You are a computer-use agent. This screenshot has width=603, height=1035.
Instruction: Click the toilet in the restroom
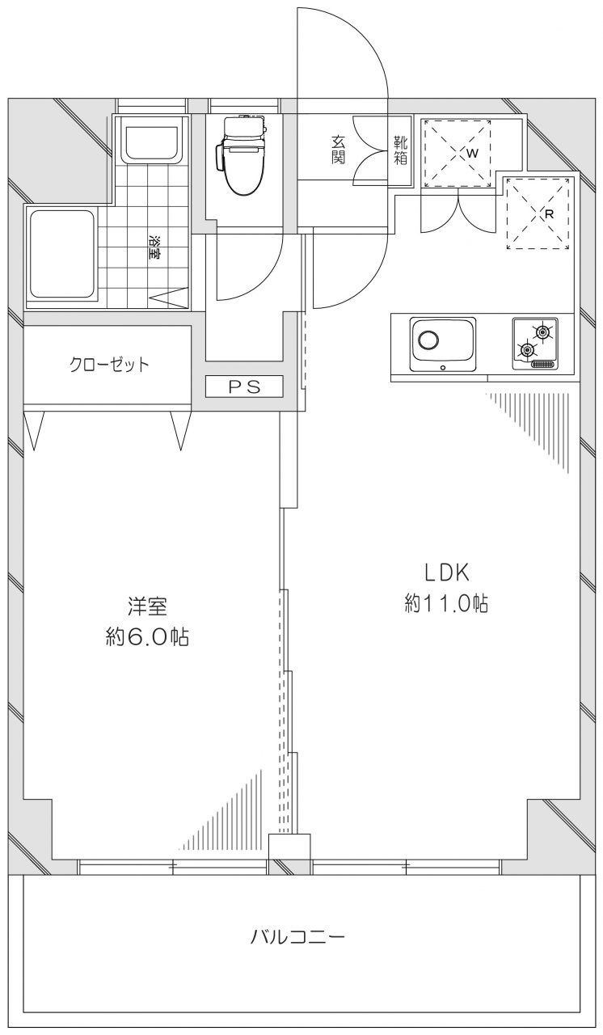(x=241, y=154)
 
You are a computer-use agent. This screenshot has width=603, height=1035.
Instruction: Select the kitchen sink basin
(x=443, y=344)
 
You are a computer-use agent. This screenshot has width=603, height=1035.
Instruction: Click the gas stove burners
(x=534, y=344)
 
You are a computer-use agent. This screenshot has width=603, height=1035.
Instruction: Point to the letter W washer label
(x=472, y=154)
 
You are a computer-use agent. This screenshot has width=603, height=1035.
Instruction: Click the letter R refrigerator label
(x=549, y=214)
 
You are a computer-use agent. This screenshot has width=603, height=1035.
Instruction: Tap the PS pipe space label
(x=244, y=387)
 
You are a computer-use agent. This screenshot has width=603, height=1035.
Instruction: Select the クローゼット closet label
(x=109, y=365)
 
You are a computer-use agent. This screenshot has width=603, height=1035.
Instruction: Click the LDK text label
(x=447, y=573)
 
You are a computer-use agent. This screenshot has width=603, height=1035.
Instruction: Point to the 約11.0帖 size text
(x=446, y=603)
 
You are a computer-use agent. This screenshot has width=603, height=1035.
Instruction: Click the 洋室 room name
(x=147, y=606)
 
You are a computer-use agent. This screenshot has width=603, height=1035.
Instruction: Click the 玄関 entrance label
(x=338, y=150)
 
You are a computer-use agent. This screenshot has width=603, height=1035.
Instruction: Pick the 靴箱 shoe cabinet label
(x=401, y=150)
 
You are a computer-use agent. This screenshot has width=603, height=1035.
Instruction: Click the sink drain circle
(x=428, y=340)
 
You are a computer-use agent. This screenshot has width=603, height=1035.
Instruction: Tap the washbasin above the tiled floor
(x=150, y=139)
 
